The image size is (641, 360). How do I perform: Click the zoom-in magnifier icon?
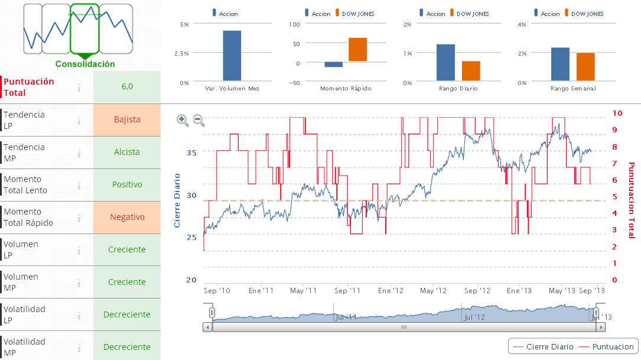point(183,121)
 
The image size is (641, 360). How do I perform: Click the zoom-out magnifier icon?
point(199,121)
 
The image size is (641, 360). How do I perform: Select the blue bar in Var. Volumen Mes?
point(232,56)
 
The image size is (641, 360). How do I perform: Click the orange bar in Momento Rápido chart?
point(357,49)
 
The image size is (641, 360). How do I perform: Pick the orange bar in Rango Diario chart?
point(471,70)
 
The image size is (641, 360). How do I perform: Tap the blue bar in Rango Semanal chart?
point(560,64)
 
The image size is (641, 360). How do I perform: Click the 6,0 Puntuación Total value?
point(127,86)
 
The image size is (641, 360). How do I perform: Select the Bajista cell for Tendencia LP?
point(127,119)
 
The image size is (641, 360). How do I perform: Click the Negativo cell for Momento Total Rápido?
point(127,217)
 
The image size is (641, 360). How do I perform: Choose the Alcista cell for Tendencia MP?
point(127,152)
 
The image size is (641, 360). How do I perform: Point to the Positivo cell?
point(127,184)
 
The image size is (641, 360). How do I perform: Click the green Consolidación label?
point(85,64)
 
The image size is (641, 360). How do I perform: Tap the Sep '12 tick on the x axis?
point(477,291)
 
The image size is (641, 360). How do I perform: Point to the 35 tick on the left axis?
point(191,152)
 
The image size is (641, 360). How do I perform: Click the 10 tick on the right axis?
point(617,112)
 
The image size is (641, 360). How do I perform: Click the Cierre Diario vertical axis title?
point(177,200)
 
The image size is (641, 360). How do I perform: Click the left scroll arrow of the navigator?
point(207,326)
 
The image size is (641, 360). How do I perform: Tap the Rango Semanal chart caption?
point(572,89)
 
